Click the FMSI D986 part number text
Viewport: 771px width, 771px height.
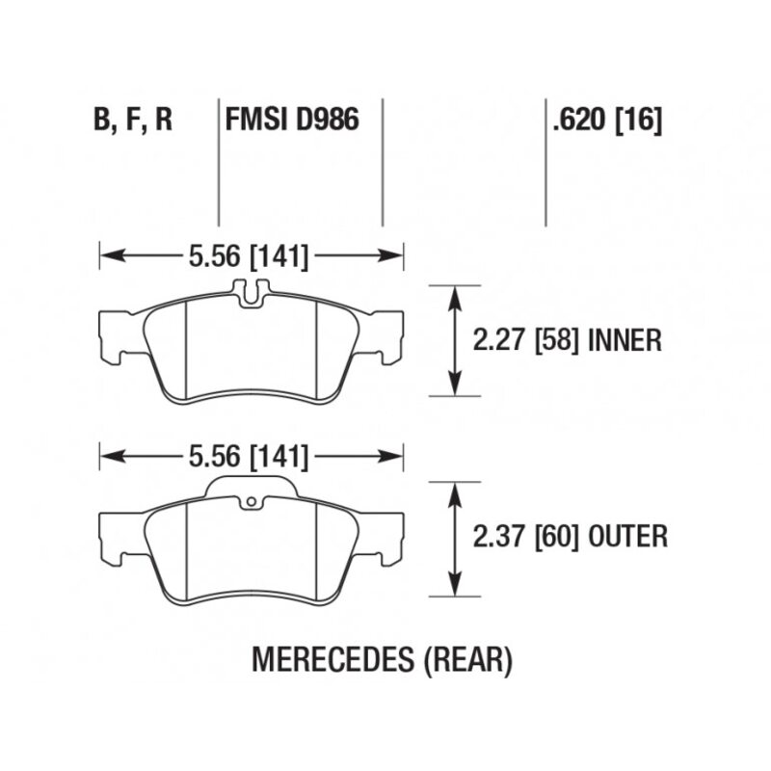292,120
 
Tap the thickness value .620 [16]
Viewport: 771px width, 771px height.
608,120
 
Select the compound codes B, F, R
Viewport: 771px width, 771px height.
133,120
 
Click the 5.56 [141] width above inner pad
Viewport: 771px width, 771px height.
249,256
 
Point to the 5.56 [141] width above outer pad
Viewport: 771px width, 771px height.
249,457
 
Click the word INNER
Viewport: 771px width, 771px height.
625,340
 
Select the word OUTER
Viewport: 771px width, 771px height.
628,536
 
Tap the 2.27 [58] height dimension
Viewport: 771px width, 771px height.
525,340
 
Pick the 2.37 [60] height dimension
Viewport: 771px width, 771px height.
525,536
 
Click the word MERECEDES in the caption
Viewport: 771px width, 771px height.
332,659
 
